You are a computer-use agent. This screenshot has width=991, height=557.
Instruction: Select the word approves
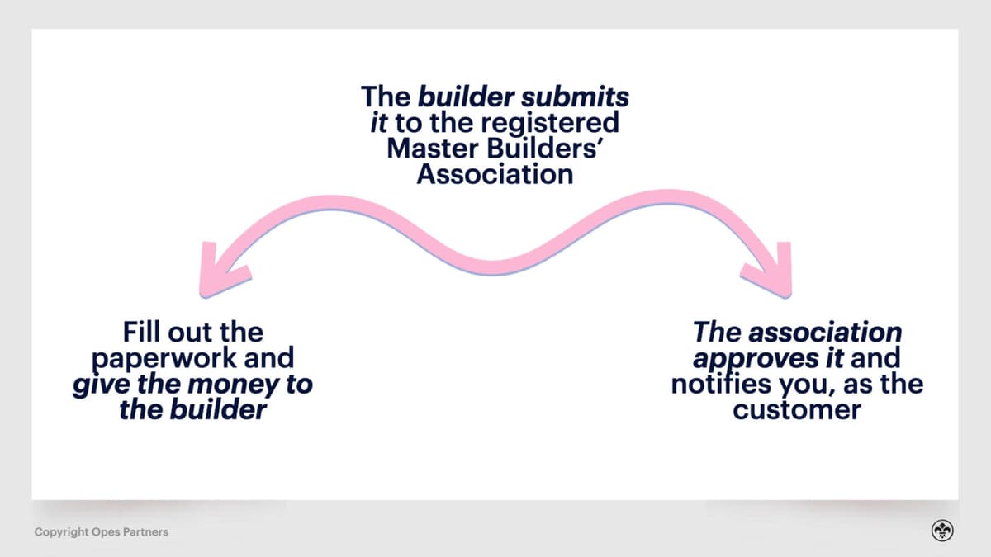point(742,359)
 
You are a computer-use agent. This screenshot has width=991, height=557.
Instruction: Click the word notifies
point(724,385)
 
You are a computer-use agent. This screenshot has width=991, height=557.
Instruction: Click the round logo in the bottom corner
point(942,531)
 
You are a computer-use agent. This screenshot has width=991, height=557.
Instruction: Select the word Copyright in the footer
point(62,532)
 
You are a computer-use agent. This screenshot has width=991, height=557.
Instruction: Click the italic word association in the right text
point(824,333)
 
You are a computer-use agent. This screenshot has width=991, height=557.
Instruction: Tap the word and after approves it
point(875,359)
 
